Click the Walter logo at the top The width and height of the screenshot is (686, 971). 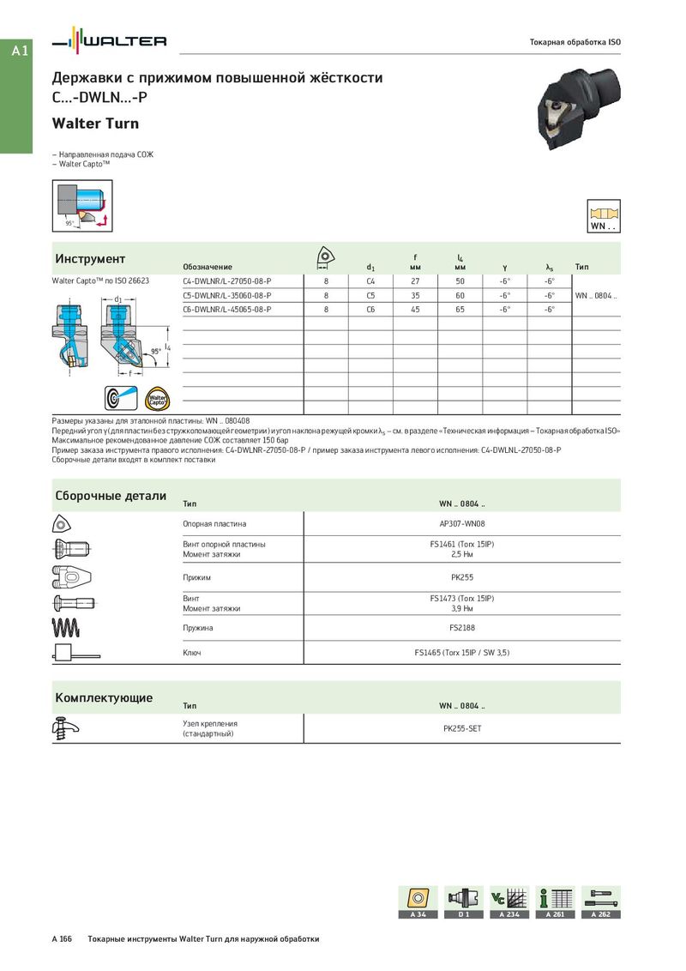[110, 41]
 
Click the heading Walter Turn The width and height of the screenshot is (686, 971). [95, 124]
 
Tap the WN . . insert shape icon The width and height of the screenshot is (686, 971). [604, 216]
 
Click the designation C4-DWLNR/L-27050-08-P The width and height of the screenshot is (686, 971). [227, 280]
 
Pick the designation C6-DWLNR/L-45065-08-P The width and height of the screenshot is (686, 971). [227, 309]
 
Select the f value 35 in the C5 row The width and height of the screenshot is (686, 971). [415, 295]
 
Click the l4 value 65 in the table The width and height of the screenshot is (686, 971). [460, 309]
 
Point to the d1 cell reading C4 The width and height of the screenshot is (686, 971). [370, 280]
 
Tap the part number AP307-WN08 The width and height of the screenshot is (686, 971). [462, 523]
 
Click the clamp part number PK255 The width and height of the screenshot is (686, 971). [462, 577]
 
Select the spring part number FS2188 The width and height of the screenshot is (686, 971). [462, 628]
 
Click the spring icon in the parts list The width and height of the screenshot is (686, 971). [67, 628]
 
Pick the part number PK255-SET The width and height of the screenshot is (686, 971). [462, 728]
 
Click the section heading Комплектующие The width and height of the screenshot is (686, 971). [104, 697]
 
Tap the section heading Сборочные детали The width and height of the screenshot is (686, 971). [111, 496]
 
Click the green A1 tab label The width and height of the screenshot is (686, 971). [20, 51]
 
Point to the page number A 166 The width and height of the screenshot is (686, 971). [62, 939]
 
